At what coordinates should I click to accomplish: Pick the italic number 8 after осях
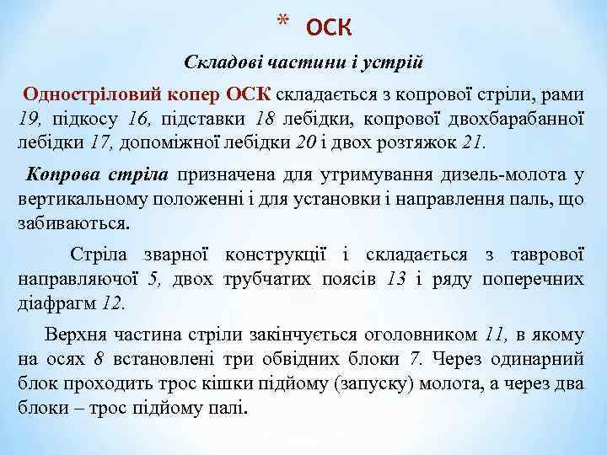[99, 358]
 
